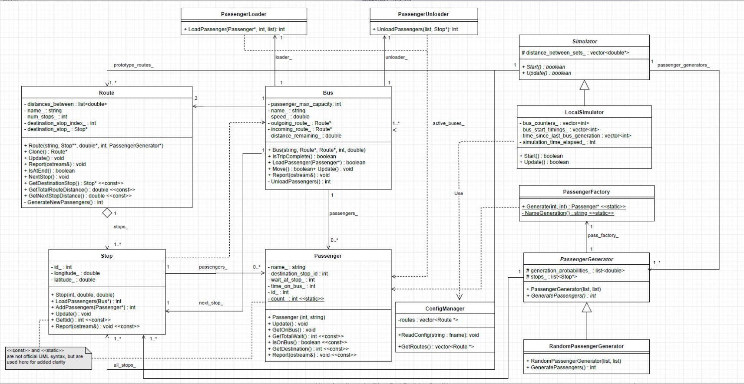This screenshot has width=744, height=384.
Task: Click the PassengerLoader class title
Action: click(244, 14)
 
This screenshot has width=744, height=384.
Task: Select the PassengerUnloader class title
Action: click(423, 14)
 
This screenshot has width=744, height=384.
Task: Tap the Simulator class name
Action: click(585, 41)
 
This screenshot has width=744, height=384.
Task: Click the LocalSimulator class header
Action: click(584, 112)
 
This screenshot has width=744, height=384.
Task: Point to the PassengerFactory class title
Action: click(586, 192)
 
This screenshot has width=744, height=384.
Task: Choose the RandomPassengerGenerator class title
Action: click(586, 346)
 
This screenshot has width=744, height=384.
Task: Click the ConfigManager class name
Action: click(445, 309)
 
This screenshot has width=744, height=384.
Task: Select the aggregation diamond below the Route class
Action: click(107, 213)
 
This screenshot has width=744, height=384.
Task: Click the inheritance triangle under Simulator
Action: click(585, 85)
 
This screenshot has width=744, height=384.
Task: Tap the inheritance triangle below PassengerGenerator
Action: click(587, 307)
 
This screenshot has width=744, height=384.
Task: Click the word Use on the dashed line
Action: click(459, 194)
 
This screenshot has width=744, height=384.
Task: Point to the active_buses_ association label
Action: click(448, 124)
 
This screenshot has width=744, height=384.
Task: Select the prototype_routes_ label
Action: click(133, 65)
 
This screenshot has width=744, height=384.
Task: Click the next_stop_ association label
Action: click(211, 303)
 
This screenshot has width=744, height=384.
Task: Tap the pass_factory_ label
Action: click(603, 235)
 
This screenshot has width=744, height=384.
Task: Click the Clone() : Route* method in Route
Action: click(46, 152)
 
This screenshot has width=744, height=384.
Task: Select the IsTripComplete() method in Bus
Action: click(304, 156)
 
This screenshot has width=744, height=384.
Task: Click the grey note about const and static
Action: click(48, 358)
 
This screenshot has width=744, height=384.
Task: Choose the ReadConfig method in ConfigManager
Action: click(438, 335)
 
